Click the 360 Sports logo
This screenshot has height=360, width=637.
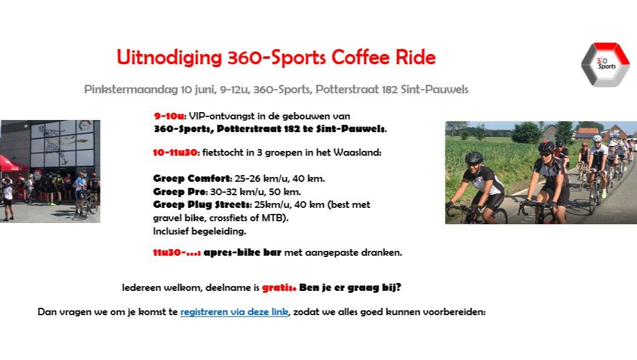[605, 64]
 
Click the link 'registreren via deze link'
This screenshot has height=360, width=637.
[234, 312]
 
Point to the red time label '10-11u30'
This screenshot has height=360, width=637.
[175, 153]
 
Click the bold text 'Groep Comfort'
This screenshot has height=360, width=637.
[192, 179]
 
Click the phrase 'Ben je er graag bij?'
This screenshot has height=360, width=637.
[350, 288]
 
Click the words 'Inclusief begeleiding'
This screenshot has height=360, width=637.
[199, 231]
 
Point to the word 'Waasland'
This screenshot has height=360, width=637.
[360, 153]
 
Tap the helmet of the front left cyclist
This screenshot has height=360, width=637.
[474, 158]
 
